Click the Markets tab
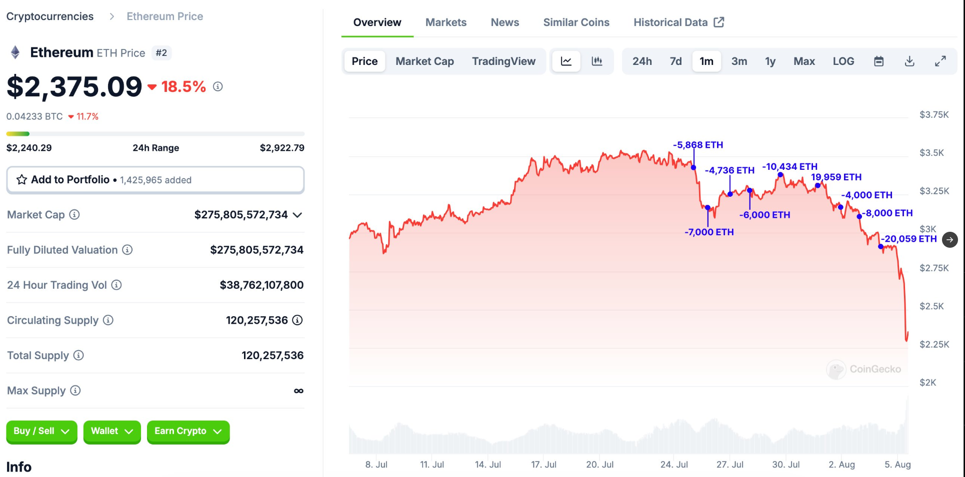[445, 22]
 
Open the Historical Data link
[678, 22]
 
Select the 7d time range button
[675, 61]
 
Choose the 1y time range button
[770, 61]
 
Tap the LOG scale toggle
[843, 61]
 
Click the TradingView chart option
[503, 61]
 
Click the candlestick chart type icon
[596, 61]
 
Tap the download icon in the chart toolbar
[909, 61]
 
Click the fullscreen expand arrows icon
[940, 61]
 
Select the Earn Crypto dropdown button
[188, 432]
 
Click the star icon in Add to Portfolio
[21, 180]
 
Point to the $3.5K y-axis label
[931, 153]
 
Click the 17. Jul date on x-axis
[543, 465]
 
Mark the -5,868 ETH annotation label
[698, 145]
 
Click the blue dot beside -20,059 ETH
[880, 247]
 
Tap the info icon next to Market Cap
[74, 215]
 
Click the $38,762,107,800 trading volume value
[261, 285]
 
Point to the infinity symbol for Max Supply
[298, 391]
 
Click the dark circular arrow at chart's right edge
[949, 240]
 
